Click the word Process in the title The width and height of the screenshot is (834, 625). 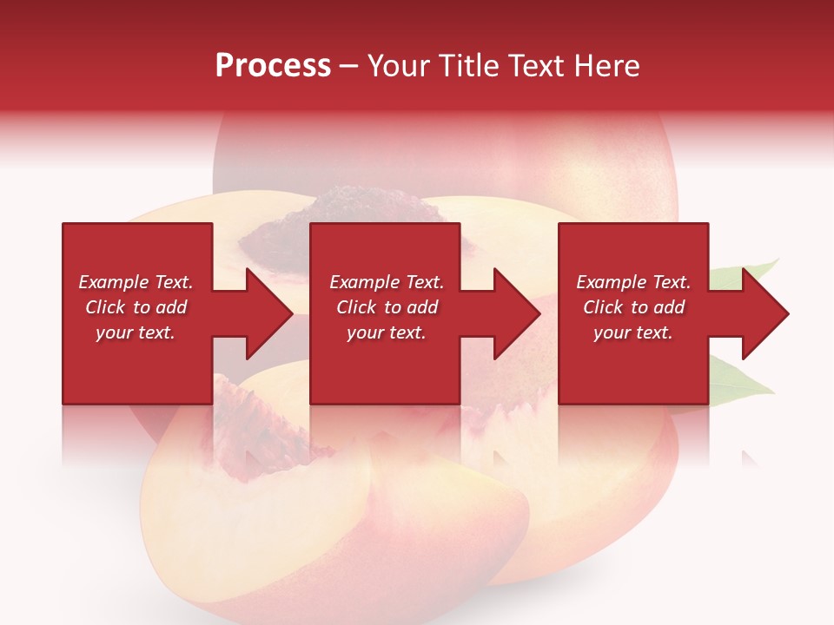(273, 66)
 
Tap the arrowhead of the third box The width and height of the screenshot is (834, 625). (764, 313)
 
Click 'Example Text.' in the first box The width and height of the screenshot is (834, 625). (136, 282)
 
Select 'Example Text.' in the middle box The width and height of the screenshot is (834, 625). (387, 282)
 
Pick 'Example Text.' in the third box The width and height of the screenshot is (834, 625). (633, 282)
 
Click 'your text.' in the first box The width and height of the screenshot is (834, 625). (136, 332)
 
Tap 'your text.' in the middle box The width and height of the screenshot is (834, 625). (387, 332)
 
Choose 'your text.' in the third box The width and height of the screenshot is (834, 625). (633, 332)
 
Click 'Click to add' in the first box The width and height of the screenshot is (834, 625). (136, 307)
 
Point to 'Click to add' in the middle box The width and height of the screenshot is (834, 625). (387, 307)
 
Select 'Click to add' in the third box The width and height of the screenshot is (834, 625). (633, 307)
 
